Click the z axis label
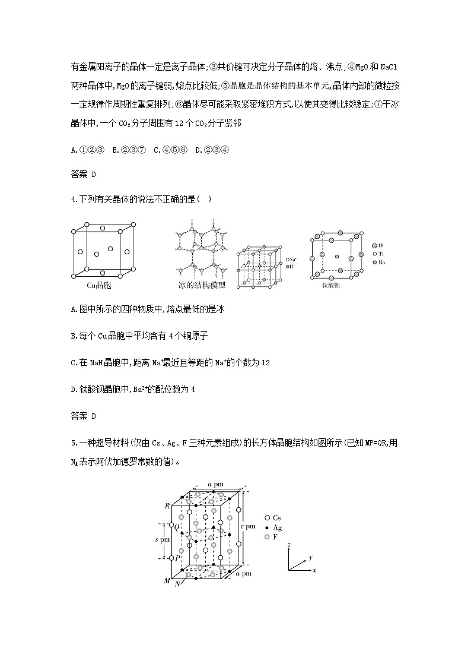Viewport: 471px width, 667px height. point(288,544)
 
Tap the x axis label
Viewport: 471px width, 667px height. point(314,570)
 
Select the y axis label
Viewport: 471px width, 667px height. point(310,558)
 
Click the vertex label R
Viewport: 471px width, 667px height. point(167,505)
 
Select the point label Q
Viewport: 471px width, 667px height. point(168,526)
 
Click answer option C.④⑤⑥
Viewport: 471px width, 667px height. point(170,150)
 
